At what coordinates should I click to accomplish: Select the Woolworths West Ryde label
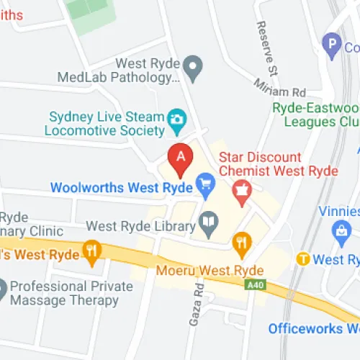121,188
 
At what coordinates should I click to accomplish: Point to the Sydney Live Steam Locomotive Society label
105,123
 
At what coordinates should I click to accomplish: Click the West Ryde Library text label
140,226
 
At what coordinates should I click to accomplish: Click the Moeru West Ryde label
210,271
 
